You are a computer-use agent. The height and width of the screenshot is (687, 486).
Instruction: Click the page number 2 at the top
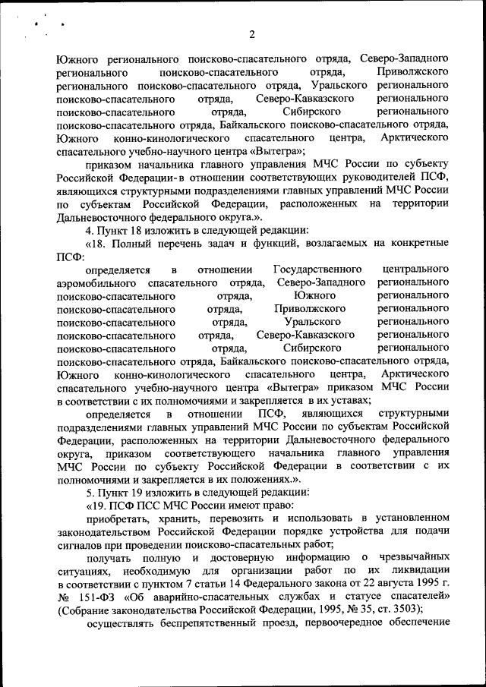click(x=251, y=33)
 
